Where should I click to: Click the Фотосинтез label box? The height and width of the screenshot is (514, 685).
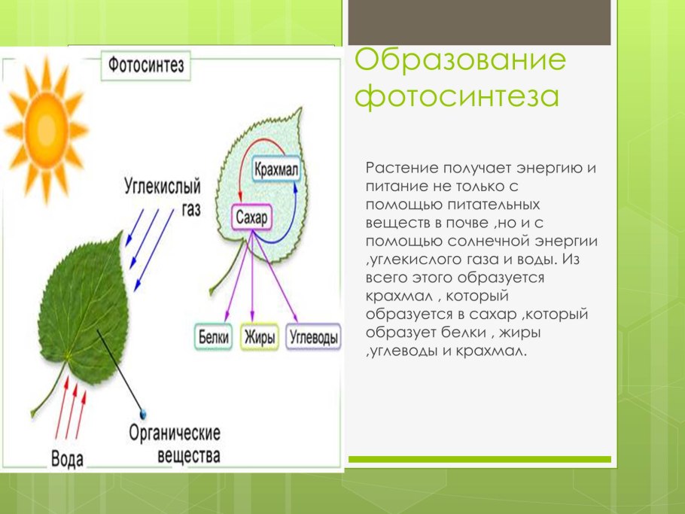click(x=145, y=65)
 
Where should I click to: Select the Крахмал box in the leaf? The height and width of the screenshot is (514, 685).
click(x=276, y=170)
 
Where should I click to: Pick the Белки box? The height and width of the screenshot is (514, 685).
click(x=214, y=336)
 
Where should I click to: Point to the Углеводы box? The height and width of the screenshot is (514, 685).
click(x=314, y=336)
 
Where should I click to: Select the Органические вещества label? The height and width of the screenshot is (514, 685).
click(x=175, y=445)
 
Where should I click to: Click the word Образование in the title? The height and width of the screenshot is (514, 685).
click(x=459, y=61)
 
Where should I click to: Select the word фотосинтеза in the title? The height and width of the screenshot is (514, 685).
click(x=457, y=98)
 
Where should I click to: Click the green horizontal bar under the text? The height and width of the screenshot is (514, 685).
click(x=479, y=459)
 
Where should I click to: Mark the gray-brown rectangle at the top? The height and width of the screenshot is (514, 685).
click(x=479, y=23)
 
